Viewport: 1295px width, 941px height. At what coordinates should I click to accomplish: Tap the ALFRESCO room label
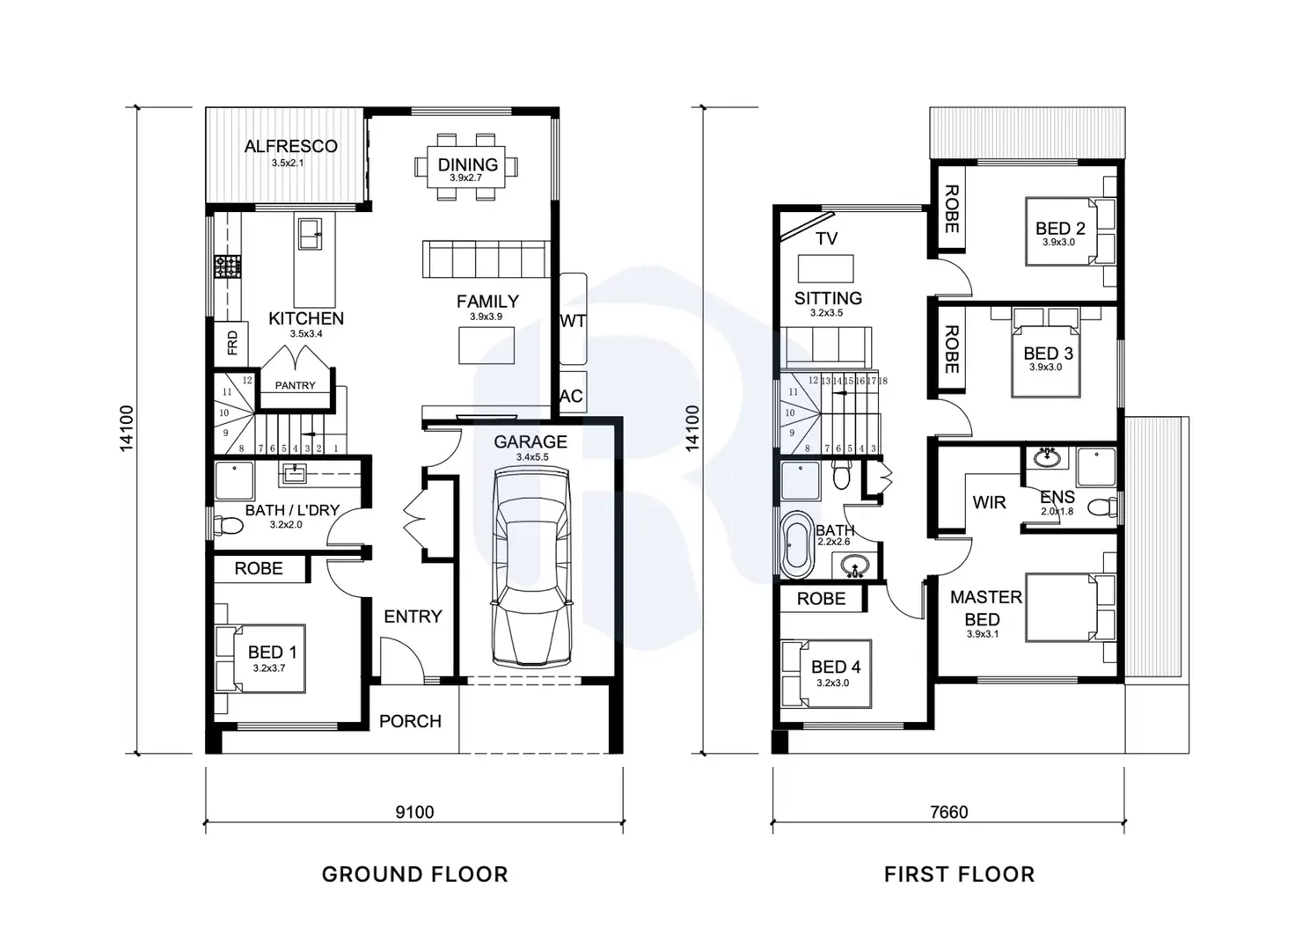coord(290,147)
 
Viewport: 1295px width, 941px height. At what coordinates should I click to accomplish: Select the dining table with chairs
coord(466,166)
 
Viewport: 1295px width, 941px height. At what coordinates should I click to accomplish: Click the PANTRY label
coord(295,385)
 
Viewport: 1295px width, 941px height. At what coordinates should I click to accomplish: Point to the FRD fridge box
coord(232,342)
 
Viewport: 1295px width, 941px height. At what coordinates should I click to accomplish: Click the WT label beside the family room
coord(573,321)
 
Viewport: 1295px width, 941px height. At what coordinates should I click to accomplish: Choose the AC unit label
coord(571,396)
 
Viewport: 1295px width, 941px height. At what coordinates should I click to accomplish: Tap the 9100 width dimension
coord(414,812)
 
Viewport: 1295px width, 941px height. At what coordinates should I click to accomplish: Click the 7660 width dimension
coord(948,812)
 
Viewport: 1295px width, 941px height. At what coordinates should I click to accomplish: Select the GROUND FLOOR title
coord(414,874)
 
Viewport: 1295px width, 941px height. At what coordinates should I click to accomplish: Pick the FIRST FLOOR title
coord(959,874)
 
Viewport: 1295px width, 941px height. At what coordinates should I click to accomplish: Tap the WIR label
coord(989,503)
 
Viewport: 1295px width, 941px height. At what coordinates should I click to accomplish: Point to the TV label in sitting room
coord(826,238)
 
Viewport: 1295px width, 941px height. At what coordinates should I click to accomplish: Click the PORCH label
coord(410,721)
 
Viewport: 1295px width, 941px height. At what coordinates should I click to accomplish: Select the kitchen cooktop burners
coord(229,266)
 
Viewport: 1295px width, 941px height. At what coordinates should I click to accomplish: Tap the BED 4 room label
coord(835,667)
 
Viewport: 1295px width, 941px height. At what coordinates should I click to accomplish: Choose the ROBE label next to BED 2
coord(951,209)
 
